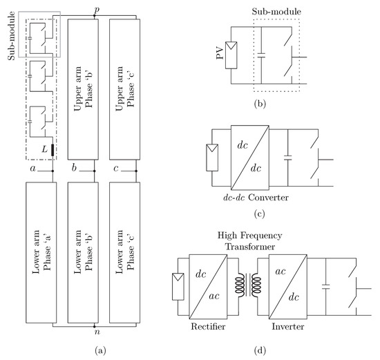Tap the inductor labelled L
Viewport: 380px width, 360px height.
tap(51, 149)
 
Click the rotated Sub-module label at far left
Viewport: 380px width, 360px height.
tap(10, 39)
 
